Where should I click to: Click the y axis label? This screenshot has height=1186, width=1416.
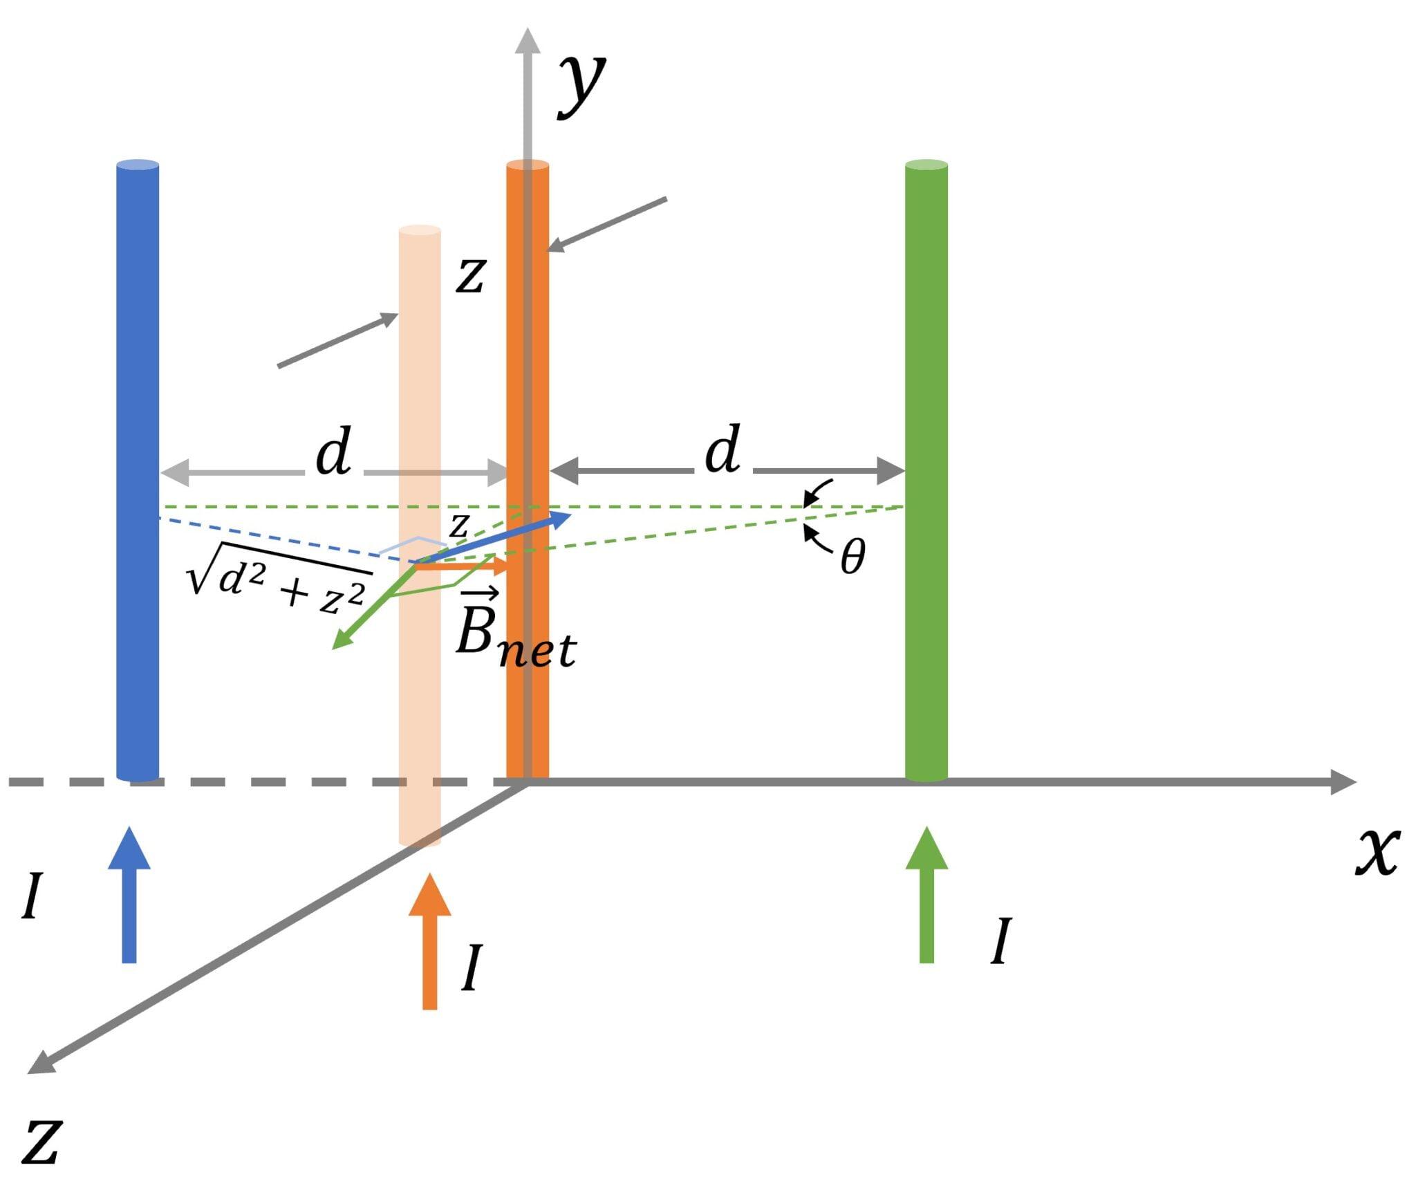[x=582, y=84]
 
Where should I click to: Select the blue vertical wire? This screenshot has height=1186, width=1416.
[x=138, y=346]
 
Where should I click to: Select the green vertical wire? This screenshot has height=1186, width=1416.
[x=926, y=346]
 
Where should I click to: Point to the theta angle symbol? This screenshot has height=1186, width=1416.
[x=853, y=557]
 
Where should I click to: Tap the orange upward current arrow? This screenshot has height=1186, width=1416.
[x=429, y=941]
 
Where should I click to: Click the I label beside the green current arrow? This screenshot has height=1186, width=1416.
[x=1000, y=942]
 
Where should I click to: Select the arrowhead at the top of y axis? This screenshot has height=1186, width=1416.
[x=528, y=41]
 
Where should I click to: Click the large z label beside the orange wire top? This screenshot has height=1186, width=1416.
[x=471, y=275]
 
